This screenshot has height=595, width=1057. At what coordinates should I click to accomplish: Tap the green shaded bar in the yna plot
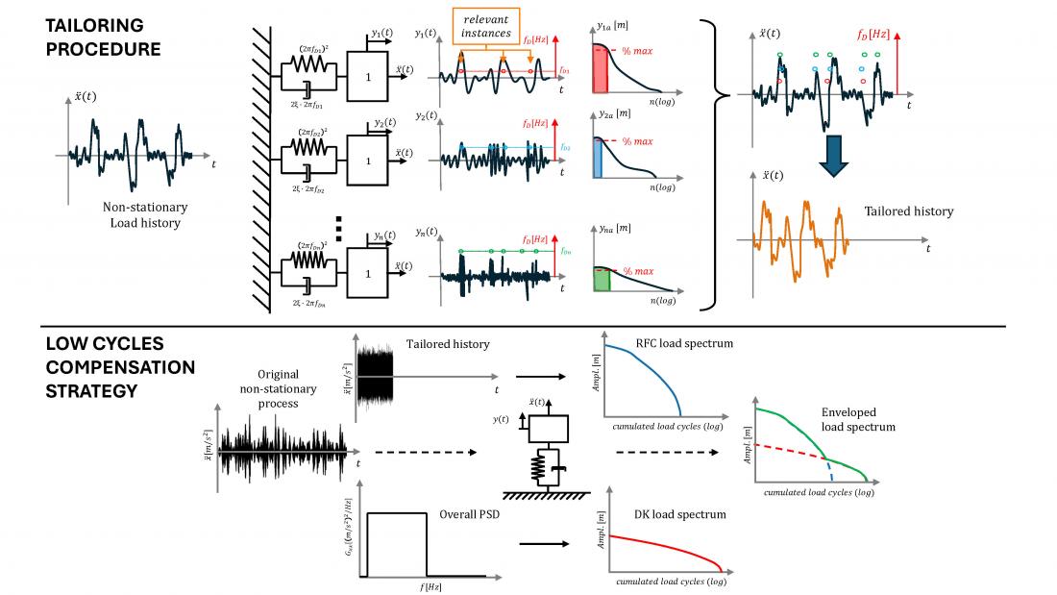602,280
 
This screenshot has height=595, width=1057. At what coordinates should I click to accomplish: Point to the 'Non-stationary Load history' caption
145,215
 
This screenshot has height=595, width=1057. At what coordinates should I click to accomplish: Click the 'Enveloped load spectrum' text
858,419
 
